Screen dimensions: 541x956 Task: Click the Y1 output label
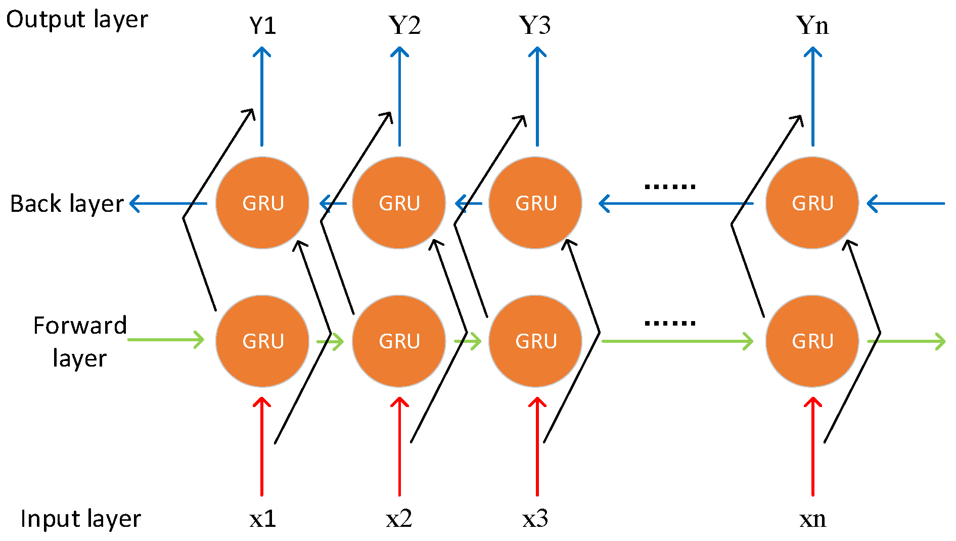tap(262, 25)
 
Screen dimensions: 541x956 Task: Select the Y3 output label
tap(535, 25)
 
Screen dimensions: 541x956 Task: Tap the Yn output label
tap(812, 25)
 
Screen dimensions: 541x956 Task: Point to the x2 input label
tap(399, 519)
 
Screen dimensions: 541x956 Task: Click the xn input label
tap(812, 519)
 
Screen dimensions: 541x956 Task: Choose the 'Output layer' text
tap(77, 20)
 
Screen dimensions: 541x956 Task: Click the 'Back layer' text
tap(67, 204)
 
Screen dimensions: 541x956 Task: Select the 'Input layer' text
tap(80, 519)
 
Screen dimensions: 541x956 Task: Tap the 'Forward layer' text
tap(80, 342)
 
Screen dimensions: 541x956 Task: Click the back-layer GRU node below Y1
tap(262, 203)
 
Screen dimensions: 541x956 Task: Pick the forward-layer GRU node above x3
tap(535, 341)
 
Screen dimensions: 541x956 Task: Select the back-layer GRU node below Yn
tap(812, 203)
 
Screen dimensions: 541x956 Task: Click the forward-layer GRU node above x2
tap(399, 341)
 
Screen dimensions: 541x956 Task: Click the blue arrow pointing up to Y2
tap(399, 96)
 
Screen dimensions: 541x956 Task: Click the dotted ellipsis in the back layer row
tap(670, 187)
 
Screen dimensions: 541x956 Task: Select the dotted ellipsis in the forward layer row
tap(670, 323)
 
